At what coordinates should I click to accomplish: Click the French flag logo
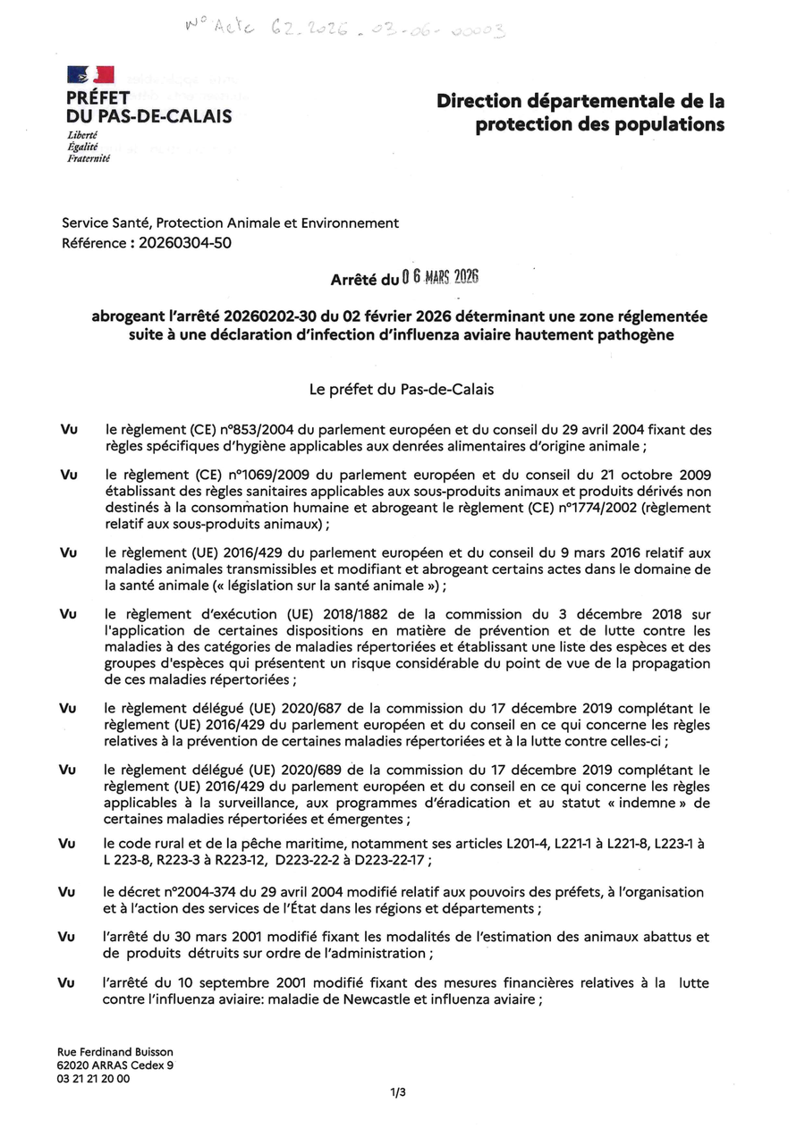pyautogui.click(x=90, y=76)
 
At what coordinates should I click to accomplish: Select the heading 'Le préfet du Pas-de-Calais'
pyautogui.click(x=402, y=390)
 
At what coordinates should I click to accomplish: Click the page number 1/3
pyautogui.click(x=398, y=1092)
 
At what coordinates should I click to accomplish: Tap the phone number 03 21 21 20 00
pyautogui.click(x=93, y=1078)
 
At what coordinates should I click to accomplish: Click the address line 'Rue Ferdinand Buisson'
pyautogui.click(x=115, y=1052)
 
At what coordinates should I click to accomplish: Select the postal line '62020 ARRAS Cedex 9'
pyautogui.click(x=115, y=1065)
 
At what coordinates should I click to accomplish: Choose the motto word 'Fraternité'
pyautogui.click(x=89, y=158)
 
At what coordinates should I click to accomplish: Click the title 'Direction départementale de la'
pyautogui.click(x=580, y=102)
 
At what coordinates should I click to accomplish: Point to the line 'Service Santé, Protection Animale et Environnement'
pyautogui.click(x=231, y=223)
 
